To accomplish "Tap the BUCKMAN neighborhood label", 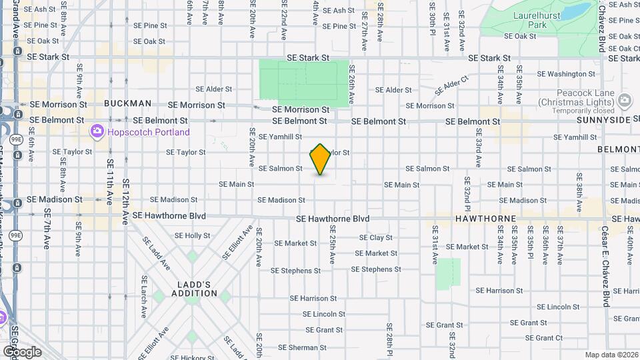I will [127, 104].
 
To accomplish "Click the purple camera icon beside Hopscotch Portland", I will [98, 131].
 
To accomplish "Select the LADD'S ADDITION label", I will [194, 289].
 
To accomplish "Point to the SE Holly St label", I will [192, 236].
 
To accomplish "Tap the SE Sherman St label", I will [297, 347].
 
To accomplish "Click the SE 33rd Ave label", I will [478, 153].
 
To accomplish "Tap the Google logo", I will [21, 351].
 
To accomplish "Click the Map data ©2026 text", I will [611, 355].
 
